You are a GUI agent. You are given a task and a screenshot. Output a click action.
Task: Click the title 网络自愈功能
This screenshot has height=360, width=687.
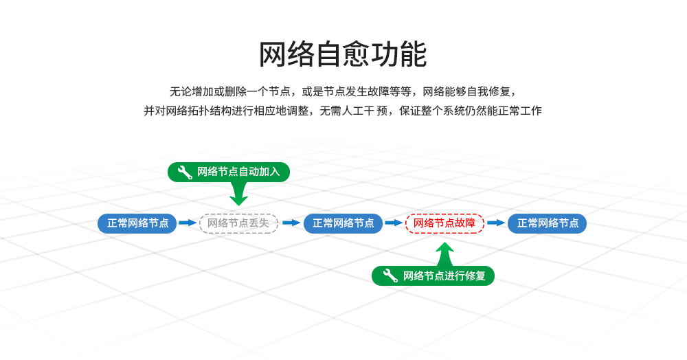(x=343, y=55)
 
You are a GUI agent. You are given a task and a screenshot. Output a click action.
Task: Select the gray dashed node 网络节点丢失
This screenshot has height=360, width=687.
(x=238, y=223)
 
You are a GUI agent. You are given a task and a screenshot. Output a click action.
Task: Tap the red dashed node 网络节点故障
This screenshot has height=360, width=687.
(x=444, y=223)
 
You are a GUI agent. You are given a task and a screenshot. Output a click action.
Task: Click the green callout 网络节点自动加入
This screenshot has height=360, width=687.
(x=229, y=172)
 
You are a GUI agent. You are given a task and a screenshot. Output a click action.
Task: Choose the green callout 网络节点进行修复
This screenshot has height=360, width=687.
(x=433, y=276)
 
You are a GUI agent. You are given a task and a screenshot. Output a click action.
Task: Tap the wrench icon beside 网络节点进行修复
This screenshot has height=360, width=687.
(x=390, y=276)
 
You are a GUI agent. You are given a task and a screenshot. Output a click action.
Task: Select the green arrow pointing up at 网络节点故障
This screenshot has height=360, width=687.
(x=445, y=254)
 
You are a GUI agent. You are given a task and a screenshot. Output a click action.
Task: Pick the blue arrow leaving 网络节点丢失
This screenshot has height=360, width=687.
(x=291, y=223)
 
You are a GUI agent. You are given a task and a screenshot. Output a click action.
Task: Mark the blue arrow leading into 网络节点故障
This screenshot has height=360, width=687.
(x=394, y=223)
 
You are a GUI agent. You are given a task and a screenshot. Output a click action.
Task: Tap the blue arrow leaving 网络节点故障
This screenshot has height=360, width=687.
(x=496, y=223)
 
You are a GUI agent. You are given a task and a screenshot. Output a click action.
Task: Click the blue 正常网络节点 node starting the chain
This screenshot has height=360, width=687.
(x=137, y=223)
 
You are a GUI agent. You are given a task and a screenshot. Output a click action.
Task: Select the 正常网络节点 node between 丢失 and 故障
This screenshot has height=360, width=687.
(x=343, y=223)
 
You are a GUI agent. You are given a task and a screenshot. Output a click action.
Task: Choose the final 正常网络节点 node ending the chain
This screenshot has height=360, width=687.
(x=548, y=223)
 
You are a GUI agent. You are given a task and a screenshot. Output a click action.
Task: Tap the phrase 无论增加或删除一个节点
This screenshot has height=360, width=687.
(x=233, y=91)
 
